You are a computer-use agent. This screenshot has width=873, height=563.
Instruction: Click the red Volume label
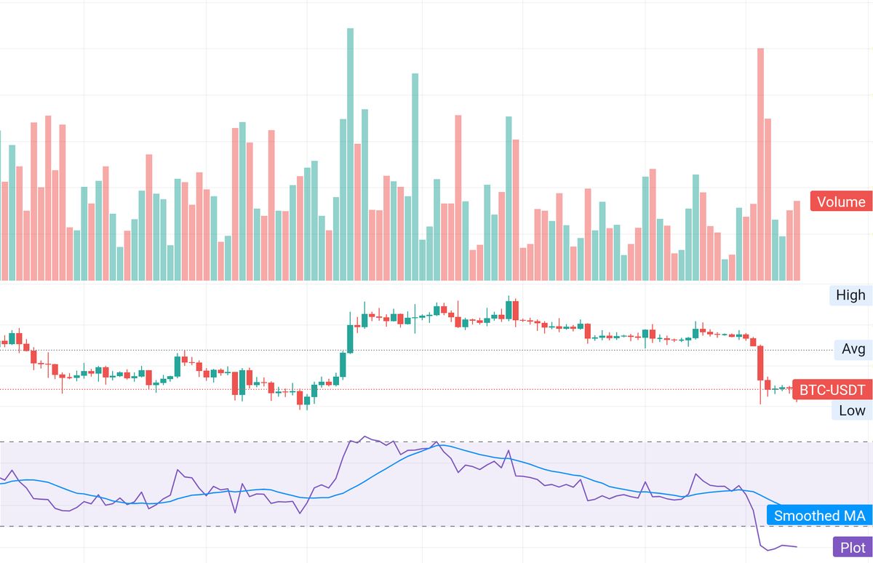coord(841,202)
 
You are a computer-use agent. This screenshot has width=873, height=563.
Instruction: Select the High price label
coord(850,295)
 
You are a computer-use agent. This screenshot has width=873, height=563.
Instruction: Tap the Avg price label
coord(853,349)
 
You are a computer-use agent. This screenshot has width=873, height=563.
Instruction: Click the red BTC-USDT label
coord(832,391)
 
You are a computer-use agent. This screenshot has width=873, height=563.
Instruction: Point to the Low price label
coord(852,410)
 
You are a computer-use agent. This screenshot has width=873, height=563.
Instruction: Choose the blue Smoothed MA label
coord(819,516)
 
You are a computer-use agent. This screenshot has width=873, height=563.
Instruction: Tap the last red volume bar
coord(797,240)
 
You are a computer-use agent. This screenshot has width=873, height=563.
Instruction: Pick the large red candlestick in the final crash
coord(760,362)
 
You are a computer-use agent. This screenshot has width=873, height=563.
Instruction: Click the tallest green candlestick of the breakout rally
coord(350,338)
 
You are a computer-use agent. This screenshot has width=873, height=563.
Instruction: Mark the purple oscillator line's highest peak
coord(365,437)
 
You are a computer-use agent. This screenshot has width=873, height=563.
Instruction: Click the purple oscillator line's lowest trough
coord(768,550)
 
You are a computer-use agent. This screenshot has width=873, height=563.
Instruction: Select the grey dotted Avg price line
coord(509,350)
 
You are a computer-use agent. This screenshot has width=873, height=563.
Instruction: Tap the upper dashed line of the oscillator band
coord(218,442)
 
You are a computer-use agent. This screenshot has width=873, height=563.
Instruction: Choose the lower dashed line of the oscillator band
coord(218,526)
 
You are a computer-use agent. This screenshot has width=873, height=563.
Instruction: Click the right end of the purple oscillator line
coord(797,546)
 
